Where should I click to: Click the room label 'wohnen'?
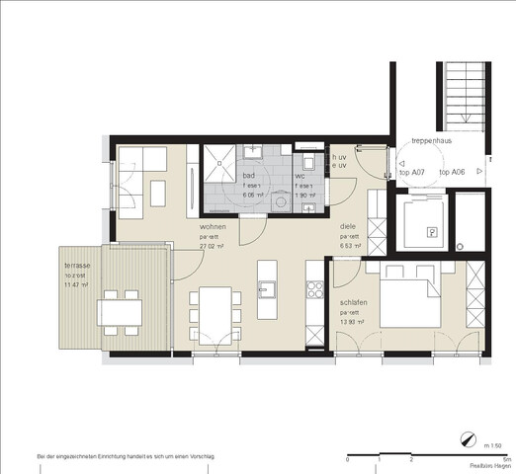(213, 226)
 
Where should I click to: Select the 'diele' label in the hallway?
(348, 226)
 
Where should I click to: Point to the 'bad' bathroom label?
(249, 175)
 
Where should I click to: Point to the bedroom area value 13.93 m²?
(354, 324)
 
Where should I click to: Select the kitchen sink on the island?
(267, 289)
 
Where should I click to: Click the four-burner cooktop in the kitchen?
(317, 290)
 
